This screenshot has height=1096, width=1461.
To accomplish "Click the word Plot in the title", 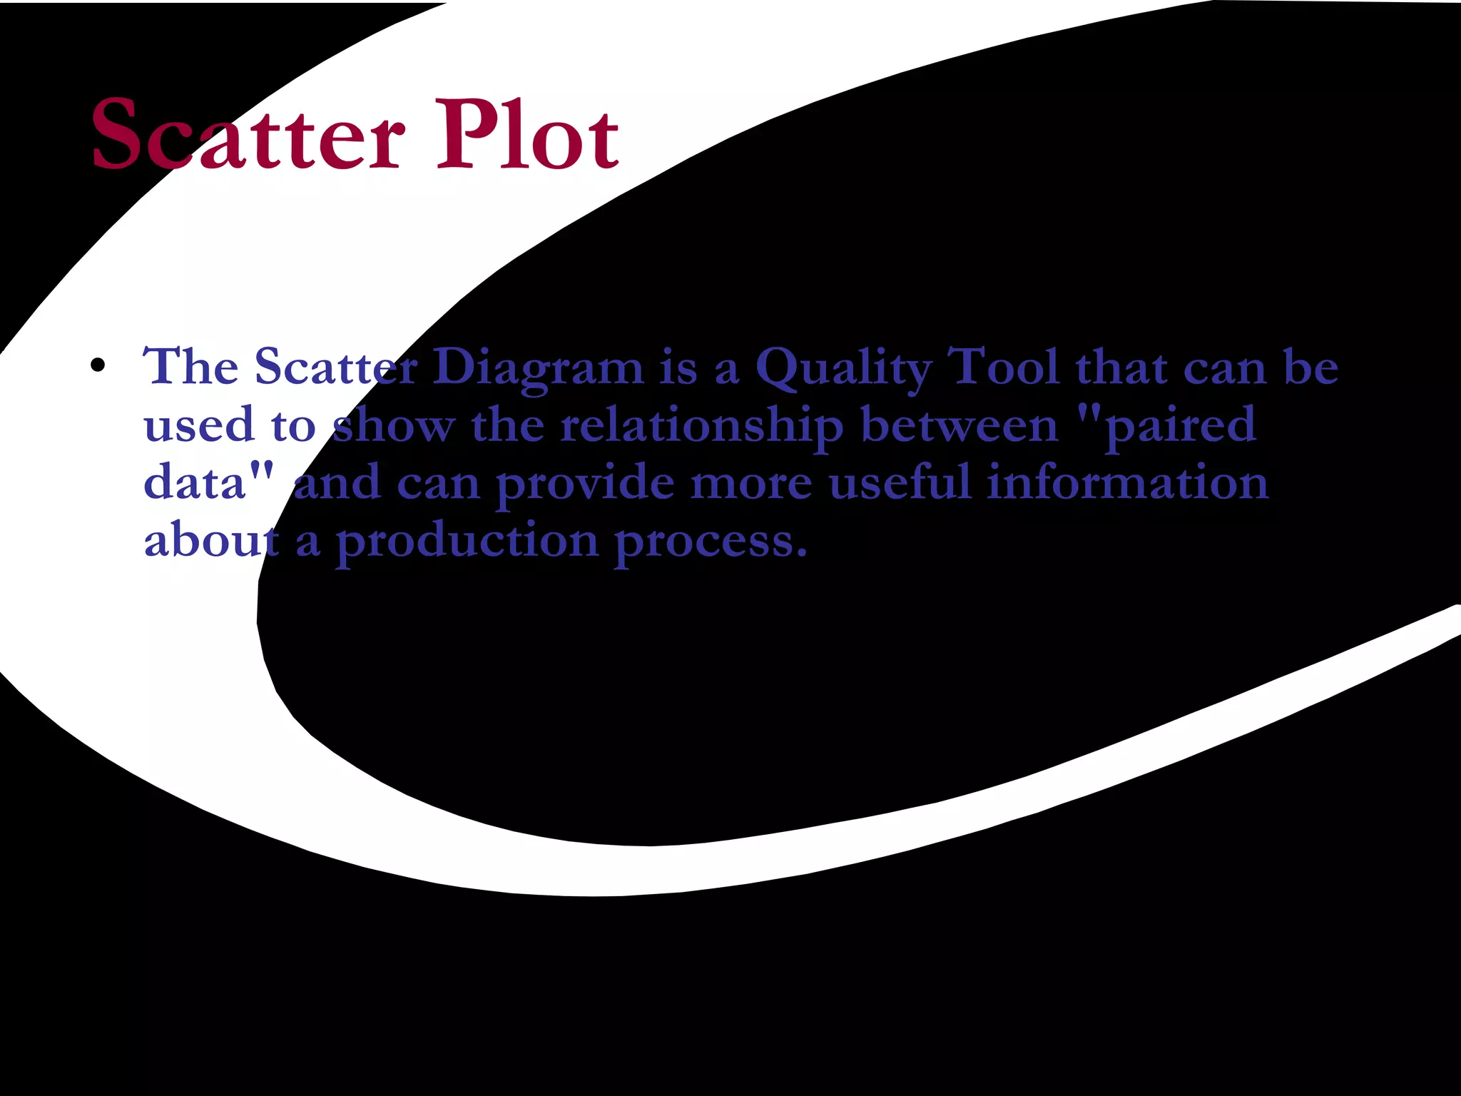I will [x=528, y=136].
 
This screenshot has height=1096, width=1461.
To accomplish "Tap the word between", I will [x=959, y=425].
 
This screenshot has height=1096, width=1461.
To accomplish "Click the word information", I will [x=1128, y=482].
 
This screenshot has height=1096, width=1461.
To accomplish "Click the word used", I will [x=199, y=425].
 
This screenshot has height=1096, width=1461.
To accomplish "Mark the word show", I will [x=393, y=425].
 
